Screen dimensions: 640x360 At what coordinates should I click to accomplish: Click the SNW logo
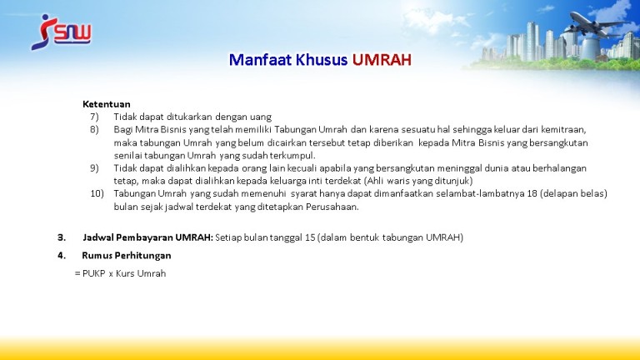pos(61,32)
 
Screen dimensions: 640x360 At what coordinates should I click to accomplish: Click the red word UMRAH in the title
pos(382,60)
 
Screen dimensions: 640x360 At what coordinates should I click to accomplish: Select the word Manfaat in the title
pos(260,60)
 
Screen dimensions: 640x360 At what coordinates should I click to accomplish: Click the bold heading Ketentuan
pos(106,104)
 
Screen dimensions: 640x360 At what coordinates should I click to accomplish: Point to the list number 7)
pos(94,117)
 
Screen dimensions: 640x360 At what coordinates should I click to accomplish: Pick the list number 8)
pos(94,129)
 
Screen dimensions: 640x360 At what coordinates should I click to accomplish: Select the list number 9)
pos(94,168)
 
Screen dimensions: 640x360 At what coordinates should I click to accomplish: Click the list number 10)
pos(97,193)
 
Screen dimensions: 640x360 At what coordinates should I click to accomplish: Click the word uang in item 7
pos(260,117)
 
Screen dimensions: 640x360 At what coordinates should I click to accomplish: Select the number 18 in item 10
pos(532,193)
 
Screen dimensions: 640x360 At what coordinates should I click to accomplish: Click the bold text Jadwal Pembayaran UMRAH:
pos(147,237)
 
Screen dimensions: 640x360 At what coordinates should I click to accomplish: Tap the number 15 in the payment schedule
pos(310,237)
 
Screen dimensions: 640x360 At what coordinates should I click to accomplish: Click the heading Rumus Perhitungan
pos(127,256)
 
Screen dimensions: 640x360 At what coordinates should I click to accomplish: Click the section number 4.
pos(61,256)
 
